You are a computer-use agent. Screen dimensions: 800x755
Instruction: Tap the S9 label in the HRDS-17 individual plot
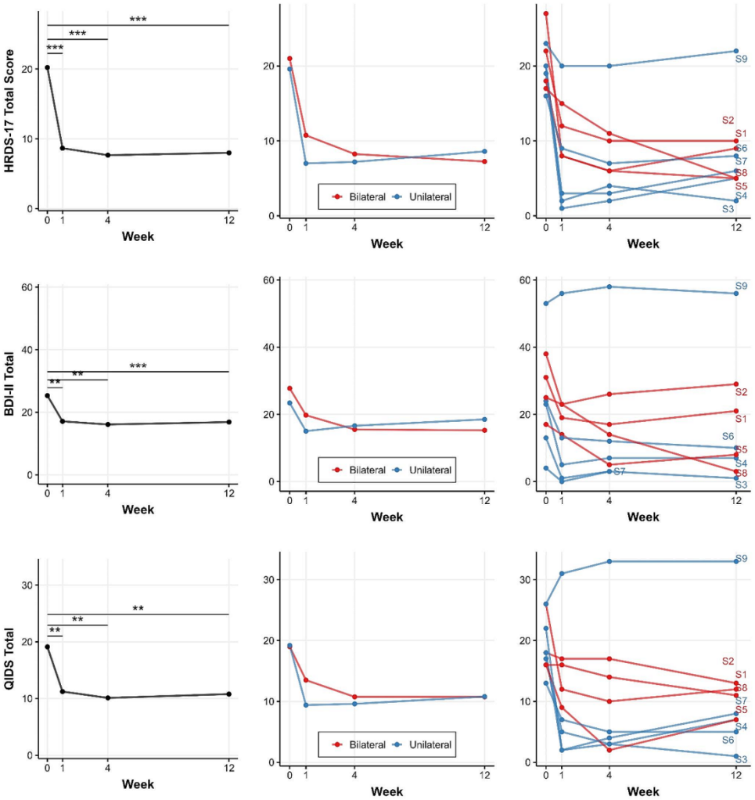[740, 59]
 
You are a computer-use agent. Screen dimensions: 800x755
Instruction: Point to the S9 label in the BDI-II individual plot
[740, 286]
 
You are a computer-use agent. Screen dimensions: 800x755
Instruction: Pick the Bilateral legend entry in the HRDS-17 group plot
[360, 197]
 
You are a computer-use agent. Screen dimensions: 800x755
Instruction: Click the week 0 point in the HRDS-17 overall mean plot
[47, 67]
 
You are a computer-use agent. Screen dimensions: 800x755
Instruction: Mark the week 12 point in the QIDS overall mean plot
[228, 694]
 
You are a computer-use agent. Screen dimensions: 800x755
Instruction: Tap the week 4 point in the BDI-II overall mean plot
[107, 424]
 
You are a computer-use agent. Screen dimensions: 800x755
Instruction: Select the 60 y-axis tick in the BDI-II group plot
[268, 280]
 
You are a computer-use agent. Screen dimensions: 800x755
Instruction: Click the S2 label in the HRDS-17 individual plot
[728, 121]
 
